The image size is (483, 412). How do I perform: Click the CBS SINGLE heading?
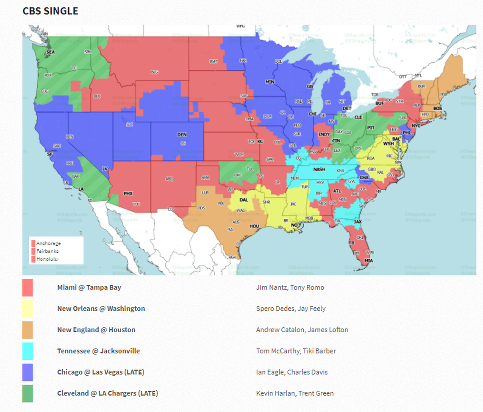tap(50, 11)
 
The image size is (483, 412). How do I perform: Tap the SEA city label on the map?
tap(50, 52)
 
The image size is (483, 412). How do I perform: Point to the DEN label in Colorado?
tap(182, 134)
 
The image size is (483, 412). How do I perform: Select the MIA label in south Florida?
tap(369, 261)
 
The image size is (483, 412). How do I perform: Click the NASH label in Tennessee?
tap(319, 169)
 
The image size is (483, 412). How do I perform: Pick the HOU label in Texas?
tap(254, 226)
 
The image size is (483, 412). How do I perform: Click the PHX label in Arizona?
tap(128, 193)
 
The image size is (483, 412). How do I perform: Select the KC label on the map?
tap(260, 142)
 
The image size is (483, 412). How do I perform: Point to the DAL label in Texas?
tap(244, 200)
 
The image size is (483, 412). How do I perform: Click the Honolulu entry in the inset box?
tap(47, 259)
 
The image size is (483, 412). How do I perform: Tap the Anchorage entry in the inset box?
tap(48, 243)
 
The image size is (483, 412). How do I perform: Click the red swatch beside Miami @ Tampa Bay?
tap(28, 287)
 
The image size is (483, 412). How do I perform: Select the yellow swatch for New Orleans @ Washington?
tap(28, 309)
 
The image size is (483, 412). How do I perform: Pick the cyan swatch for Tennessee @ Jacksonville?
tap(28, 351)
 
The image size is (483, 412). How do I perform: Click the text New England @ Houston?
tap(96, 330)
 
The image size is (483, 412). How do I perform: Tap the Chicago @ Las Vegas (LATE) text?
tap(100, 372)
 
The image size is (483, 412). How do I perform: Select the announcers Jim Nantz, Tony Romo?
tap(290, 287)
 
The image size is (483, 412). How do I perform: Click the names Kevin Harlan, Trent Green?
tap(294, 393)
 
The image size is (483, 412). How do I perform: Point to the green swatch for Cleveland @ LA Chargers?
tap(28, 393)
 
